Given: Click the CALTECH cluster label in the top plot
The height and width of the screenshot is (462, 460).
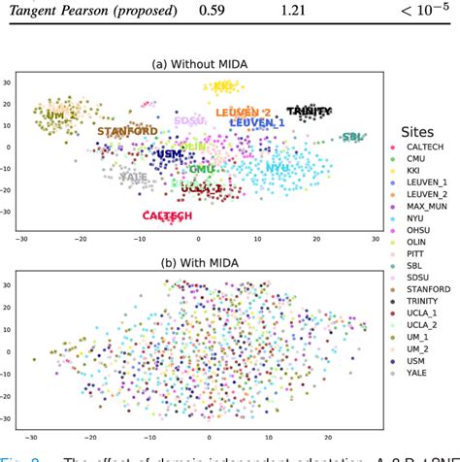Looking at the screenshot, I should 166,215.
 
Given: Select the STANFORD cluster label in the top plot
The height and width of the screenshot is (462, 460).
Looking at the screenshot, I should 127,130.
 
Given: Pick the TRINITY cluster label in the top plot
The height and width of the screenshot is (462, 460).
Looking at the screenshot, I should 309,113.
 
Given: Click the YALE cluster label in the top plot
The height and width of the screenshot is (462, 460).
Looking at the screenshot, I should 133,177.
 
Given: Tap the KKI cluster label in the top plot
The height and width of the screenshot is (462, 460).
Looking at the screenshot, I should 224,86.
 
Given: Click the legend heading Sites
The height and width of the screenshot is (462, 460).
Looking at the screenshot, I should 418,132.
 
